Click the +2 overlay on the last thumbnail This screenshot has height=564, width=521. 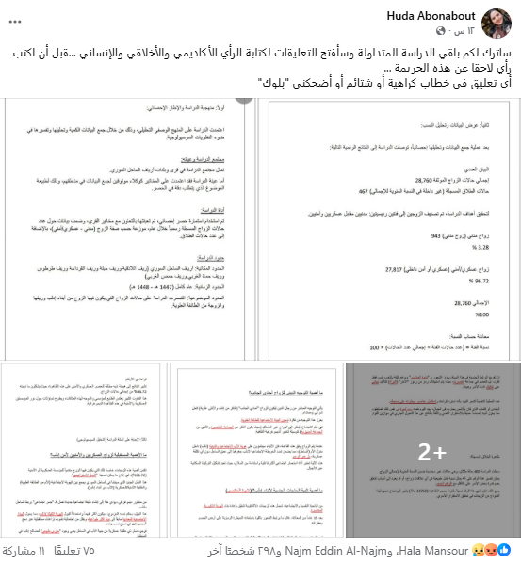point(432,451)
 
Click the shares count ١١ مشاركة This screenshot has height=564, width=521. point(28,549)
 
